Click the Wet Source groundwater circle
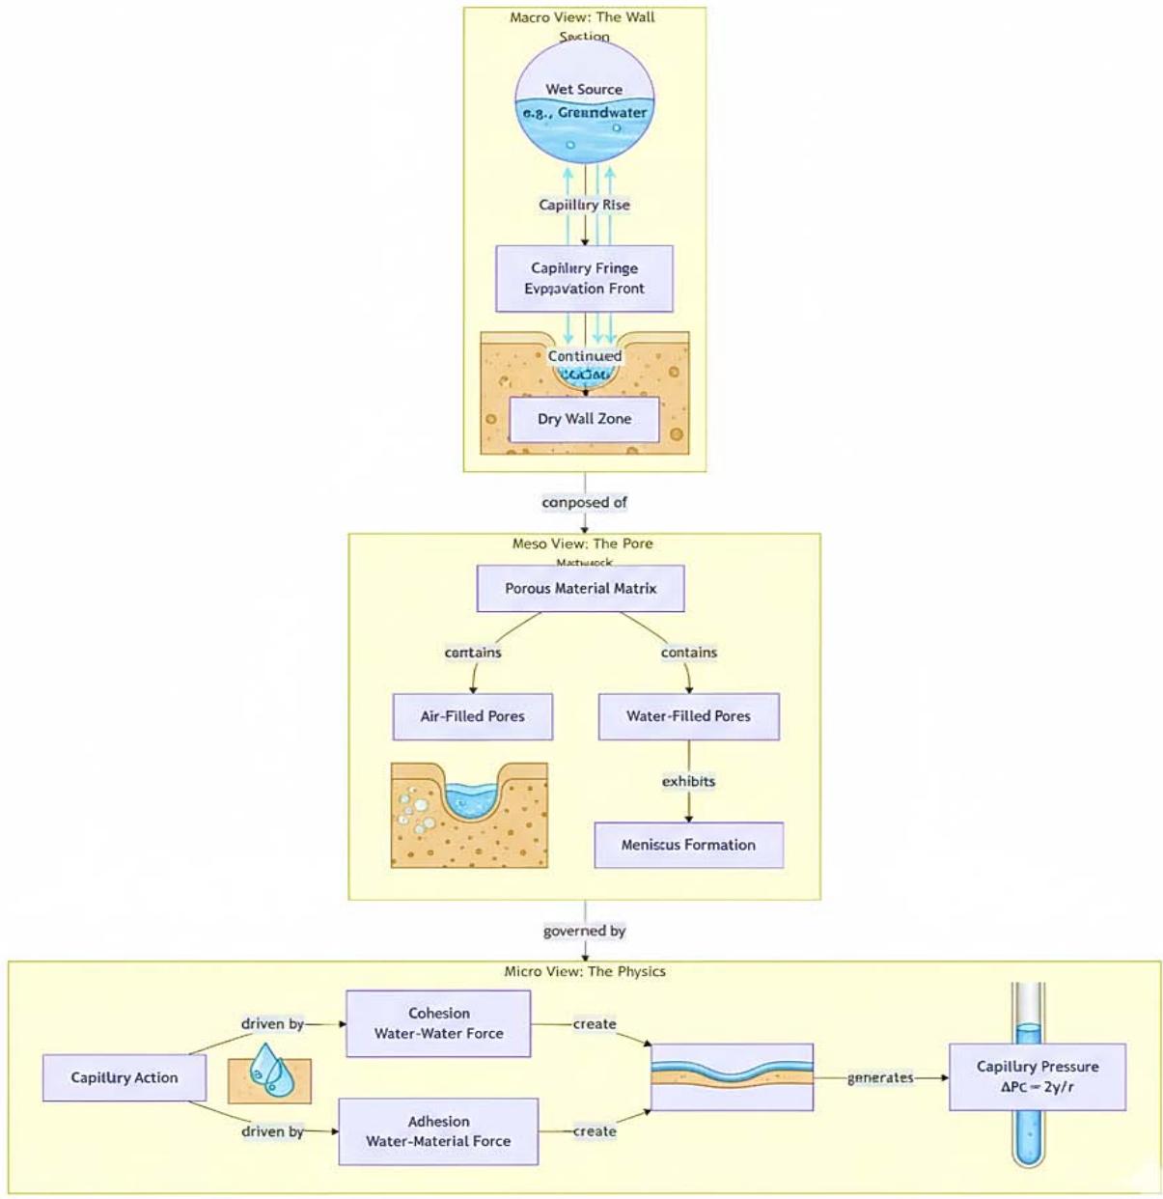point(584,101)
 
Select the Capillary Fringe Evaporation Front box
point(584,278)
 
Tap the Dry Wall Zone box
point(584,419)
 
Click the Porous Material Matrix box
point(580,588)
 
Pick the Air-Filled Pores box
point(472,716)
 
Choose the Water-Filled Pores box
point(688,716)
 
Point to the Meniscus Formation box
point(688,845)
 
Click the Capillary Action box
point(124,1077)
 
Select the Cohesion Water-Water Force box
point(438,1023)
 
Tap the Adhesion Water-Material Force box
point(438,1131)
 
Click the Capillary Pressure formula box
point(1037,1076)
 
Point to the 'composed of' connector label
point(584,502)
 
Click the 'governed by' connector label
point(584,931)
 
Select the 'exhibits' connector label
point(688,781)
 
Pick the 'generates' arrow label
point(879,1077)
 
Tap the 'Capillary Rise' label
point(584,205)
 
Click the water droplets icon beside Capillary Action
point(269,1074)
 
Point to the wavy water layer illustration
point(732,1076)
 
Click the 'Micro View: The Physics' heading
point(584,971)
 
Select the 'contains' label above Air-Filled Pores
point(472,653)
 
